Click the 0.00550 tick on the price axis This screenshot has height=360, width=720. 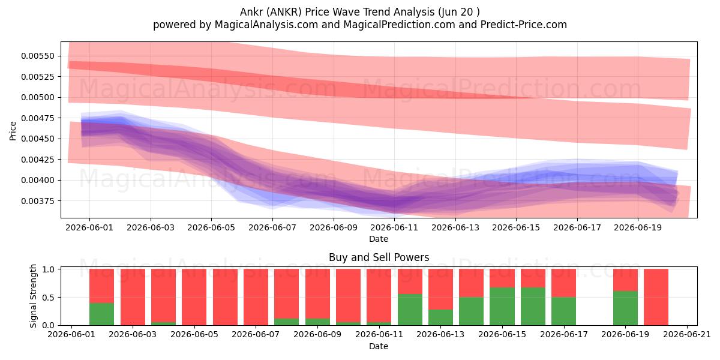[38, 56]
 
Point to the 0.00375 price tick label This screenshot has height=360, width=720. [38, 201]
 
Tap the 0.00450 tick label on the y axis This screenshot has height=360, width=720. [38, 139]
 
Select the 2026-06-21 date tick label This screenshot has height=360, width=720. [687, 335]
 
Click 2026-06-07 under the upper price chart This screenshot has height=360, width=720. [272, 227]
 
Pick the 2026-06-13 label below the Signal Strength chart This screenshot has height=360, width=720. [440, 335]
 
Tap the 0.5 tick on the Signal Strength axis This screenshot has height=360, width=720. [48, 298]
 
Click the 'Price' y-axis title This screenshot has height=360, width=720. [13, 131]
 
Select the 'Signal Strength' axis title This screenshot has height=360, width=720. [33, 296]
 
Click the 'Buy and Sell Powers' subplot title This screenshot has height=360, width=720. [379, 257]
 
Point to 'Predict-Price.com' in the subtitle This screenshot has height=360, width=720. [524, 25]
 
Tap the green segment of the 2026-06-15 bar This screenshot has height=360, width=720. [502, 307]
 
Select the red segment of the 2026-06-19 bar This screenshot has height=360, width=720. [625, 280]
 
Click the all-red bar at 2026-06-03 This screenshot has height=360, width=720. [133, 297]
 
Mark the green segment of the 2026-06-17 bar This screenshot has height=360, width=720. [564, 311]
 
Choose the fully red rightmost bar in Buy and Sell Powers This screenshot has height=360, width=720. [656, 297]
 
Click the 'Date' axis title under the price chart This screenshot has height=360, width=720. [379, 239]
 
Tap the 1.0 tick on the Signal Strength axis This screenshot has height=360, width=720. [48, 269]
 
